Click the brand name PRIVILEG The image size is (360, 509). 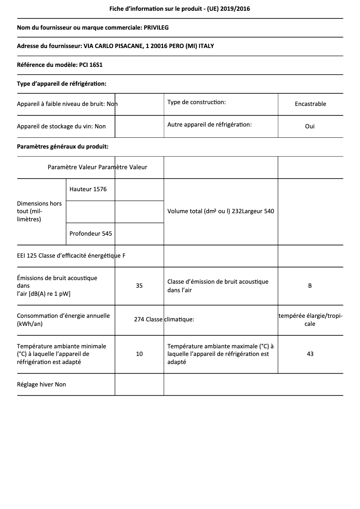point(156,28)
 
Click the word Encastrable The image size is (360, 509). point(310,104)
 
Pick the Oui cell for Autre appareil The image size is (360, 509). point(310,126)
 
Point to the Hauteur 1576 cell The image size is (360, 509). point(88,189)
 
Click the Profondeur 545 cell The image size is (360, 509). point(91,233)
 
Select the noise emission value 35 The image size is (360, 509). point(139,285)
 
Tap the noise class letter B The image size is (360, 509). point(310,285)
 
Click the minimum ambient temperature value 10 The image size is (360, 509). point(139,354)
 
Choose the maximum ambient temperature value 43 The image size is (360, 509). point(310,354)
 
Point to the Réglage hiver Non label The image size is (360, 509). point(41,385)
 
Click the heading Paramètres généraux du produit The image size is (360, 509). point(62,146)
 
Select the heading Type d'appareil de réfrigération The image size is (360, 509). point(61,83)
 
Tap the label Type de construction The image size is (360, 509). point(196,102)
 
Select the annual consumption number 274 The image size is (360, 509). point(139,320)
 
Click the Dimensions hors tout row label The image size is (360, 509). point(40,211)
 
